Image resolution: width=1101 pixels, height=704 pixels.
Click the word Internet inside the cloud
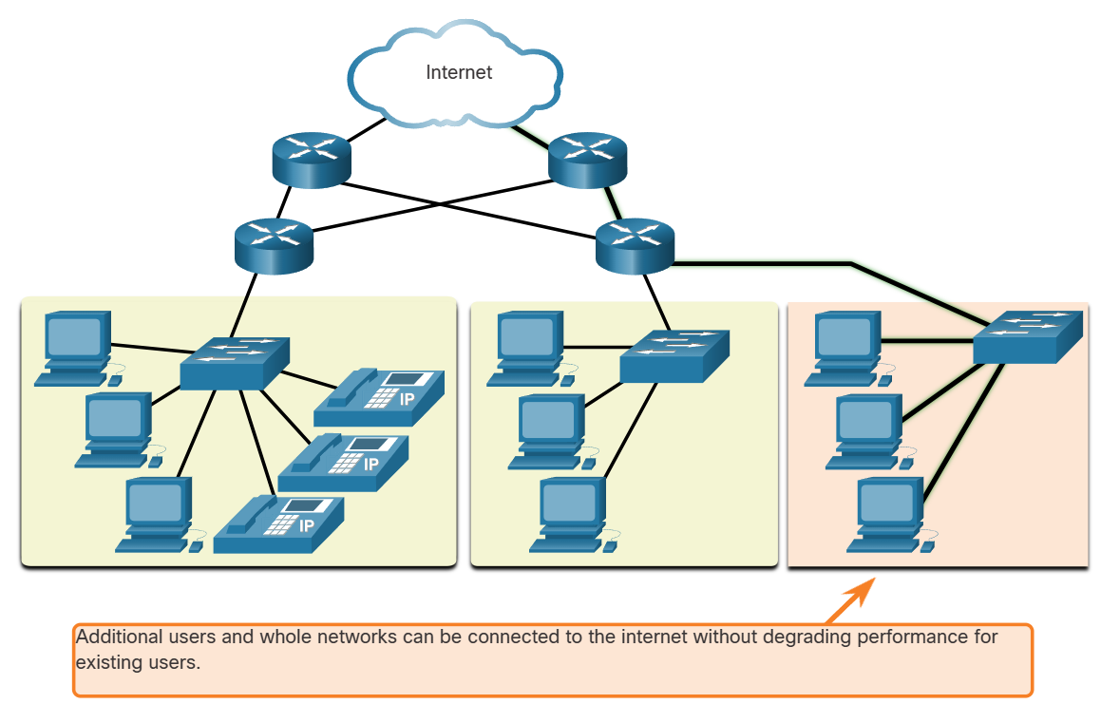pos(459,72)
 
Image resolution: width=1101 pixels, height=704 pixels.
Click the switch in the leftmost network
pos(234,361)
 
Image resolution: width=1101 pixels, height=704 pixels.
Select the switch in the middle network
pos(674,355)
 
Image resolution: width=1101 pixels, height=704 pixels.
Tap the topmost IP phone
pos(379,398)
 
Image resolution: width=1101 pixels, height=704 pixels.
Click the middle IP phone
pos(344,463)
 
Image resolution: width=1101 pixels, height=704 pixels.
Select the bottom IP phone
pos(279,524)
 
